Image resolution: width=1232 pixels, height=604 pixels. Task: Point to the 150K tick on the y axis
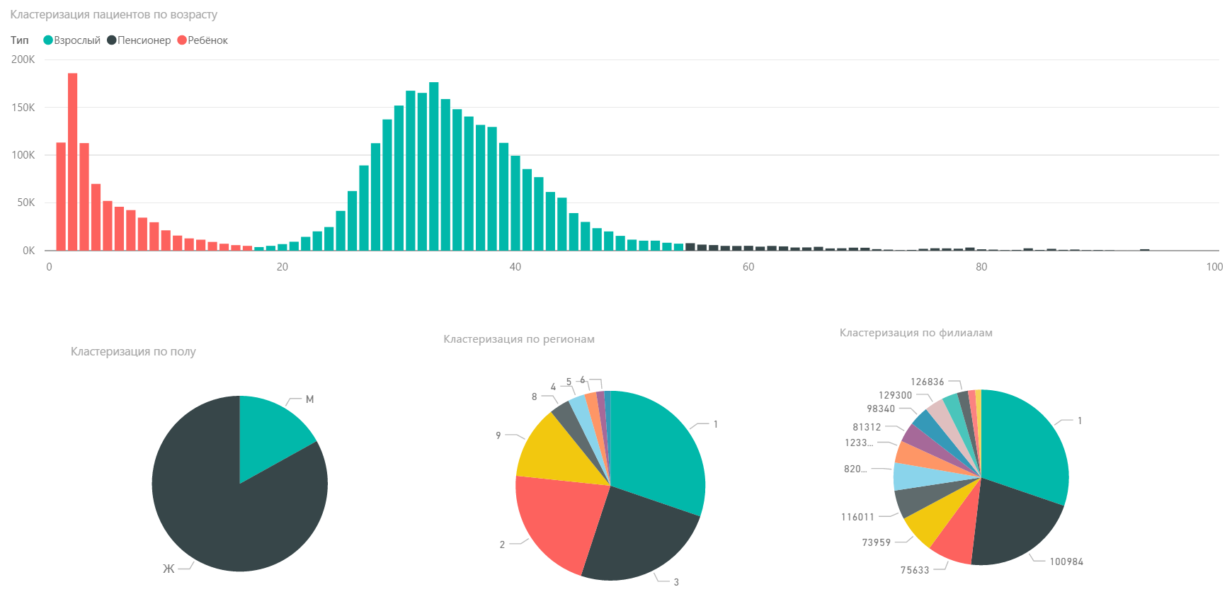tap(23, 108)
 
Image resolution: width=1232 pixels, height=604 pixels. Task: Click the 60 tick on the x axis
tap(748, 267)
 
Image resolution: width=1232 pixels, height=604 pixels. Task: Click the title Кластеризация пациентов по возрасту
tap(113, 15)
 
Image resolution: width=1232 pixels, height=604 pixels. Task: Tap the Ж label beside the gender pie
tap(169, 569)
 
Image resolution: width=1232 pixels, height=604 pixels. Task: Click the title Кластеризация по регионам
tap(519, 339)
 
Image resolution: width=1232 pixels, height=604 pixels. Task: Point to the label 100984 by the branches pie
tap(1066, 562)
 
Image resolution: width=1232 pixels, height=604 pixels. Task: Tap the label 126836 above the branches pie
tap(927, 382)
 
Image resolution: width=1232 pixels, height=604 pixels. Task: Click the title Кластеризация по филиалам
tap(916, 333)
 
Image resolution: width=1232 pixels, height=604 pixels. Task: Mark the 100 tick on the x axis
tap(1214, 267)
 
